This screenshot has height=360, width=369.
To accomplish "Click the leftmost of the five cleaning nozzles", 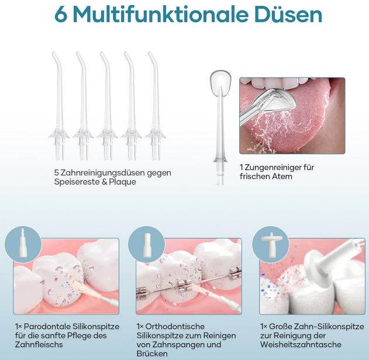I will [x=59, y=105].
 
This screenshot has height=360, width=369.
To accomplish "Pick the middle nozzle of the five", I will [x=107, y=105].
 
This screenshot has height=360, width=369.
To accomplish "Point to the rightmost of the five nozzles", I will [x=155, y=105].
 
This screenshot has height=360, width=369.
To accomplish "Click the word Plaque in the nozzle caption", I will [x=122, y=182].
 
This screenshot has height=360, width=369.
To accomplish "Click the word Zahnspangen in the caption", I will [x=176, y=345].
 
